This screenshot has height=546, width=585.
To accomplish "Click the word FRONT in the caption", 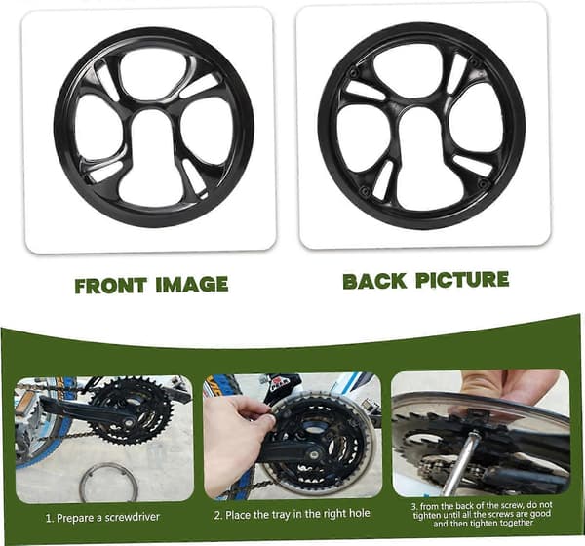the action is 110,286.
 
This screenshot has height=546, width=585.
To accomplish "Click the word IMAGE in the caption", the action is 192,285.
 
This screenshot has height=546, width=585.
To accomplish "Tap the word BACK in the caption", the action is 374,282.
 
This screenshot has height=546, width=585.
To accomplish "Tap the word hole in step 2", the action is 359,513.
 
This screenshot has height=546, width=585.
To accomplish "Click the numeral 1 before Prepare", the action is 48,519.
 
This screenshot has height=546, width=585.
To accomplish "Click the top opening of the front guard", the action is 151,76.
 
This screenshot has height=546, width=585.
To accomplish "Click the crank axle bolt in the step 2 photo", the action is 314,455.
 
